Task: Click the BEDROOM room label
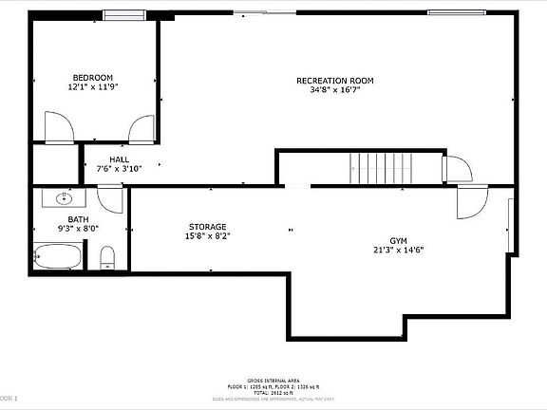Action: [92, 77]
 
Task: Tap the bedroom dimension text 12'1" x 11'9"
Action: [92, 86]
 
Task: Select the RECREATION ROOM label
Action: [335, 81]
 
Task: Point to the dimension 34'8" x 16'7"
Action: [335, 90]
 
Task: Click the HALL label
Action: [119, 159]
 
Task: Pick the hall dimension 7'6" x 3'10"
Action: [119, 169]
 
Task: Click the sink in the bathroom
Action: [64, 198]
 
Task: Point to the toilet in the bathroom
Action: [107, 257]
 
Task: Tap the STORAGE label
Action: [207, 226]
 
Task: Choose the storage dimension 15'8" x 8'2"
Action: [207, 235]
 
